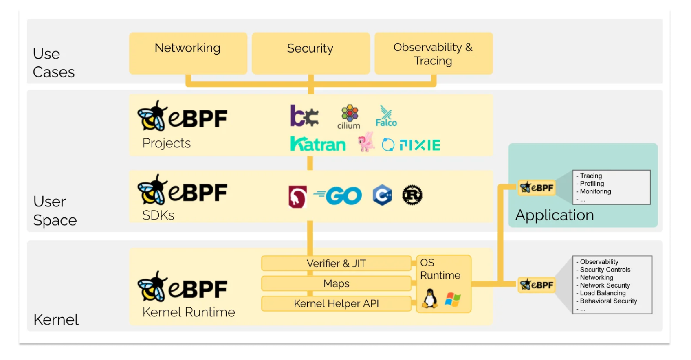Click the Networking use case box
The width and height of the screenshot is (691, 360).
point(188,53)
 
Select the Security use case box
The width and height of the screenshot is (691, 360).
point(311,53)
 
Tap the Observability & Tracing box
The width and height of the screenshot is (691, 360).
point(434,53)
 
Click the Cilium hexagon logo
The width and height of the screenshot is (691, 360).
point(349,116)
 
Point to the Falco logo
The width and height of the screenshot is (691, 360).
point(386,116)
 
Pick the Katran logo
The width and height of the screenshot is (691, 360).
point(318,144)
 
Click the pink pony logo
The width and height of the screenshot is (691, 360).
point(366,142)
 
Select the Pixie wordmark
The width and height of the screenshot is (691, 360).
point(420,145)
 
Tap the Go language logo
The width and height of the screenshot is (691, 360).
point(338,195)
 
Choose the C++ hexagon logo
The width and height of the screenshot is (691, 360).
point(383,195)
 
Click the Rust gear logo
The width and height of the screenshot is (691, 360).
point(412,195)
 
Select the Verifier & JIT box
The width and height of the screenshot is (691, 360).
point(336,263)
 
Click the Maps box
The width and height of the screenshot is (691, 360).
point(336,283)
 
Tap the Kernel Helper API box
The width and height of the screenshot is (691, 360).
point(336,303)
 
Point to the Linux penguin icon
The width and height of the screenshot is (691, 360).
point(430,299)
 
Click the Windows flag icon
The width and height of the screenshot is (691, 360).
point(453,299)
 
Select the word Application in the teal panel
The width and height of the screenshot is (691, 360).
point(555,215)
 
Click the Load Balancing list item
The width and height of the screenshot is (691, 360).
point(601,293)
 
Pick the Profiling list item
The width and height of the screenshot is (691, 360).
point(590,184)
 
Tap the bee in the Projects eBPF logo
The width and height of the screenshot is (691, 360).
point(152,116)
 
